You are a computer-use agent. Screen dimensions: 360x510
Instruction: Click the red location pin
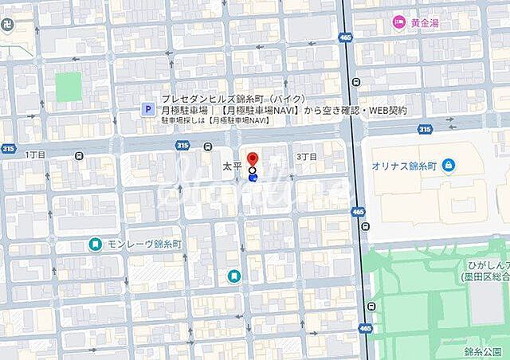click(253, 158)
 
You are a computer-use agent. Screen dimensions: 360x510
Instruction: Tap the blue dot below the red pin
click(253, 178)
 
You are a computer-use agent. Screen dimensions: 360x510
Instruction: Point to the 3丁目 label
click(306, 157)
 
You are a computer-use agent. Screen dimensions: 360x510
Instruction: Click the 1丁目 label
click(37, 154)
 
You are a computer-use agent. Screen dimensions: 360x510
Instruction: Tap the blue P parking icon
click(147, 111)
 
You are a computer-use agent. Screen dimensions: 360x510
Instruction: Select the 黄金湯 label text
click(425, 24)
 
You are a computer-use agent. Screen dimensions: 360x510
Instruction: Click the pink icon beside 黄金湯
click(399, 24)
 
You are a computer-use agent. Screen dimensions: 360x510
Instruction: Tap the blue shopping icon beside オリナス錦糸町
click(449, 165)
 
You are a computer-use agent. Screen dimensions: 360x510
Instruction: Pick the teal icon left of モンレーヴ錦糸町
click(95, 244)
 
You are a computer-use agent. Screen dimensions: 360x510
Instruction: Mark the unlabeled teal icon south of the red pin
click(234, 276)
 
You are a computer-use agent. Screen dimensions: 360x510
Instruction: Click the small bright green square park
click(69, 86)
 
